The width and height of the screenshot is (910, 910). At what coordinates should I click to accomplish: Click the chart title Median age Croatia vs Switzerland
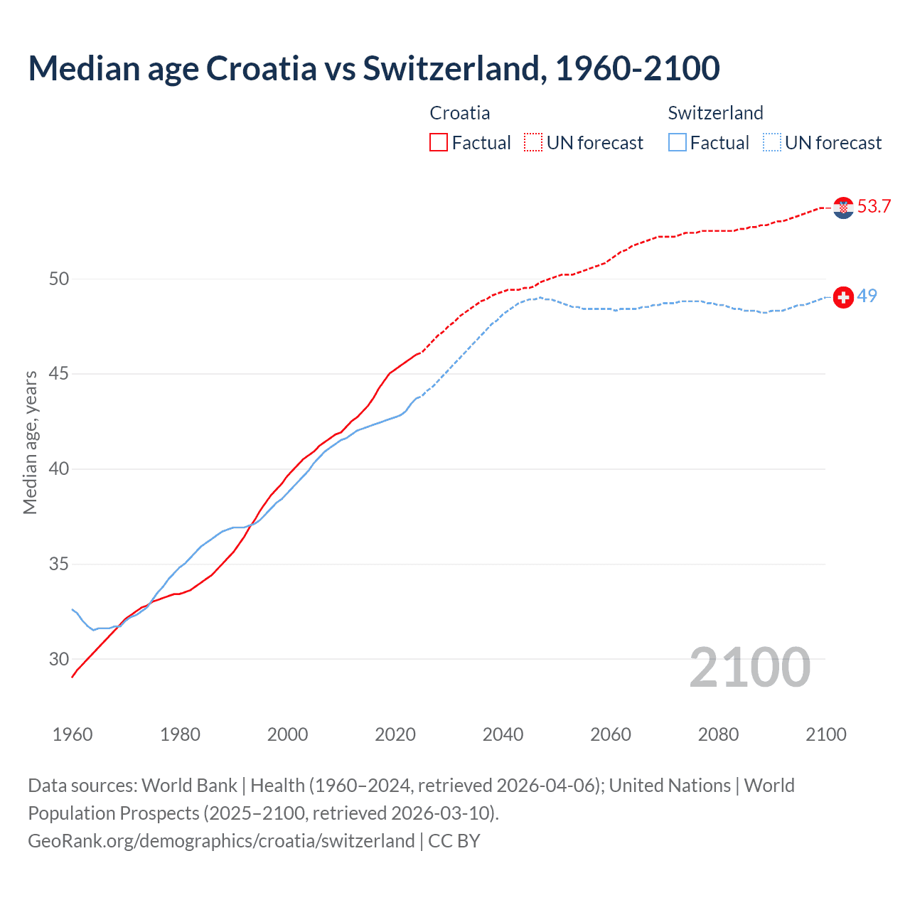[x=373, y=68]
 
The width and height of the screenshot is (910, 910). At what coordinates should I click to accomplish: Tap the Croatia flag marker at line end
[x=843, y=208]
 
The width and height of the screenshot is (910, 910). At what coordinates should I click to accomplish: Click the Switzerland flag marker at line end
[x=843, y=297]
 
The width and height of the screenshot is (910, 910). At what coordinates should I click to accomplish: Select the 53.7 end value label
[x=874, y=207]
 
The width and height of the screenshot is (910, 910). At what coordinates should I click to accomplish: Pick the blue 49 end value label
[x=867, y=296]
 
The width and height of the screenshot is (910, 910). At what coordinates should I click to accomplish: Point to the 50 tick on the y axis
[x=59, y=279]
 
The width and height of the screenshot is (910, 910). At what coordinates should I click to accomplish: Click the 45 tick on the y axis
[x=59, y=374]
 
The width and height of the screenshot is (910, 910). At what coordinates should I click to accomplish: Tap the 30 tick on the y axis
[x=59, y=659]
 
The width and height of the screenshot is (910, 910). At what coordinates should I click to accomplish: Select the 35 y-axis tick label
[x=59, y=564]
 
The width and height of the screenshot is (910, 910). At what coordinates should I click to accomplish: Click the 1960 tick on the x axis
[x=73, y=734]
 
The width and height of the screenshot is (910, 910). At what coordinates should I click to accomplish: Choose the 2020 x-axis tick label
[x=395, y=734]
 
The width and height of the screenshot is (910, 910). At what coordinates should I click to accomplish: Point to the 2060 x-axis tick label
[x=611, y=734]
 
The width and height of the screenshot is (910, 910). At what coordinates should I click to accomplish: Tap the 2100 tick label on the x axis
[x=826, y=734]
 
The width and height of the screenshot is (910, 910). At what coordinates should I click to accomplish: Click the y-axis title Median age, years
[x=30, y=442]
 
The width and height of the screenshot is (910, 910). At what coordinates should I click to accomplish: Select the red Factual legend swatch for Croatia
[x=439, y=143]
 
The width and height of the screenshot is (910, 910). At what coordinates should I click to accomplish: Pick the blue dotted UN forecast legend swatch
[x=772, y=143]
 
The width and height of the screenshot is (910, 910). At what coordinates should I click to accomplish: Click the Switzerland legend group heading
[x=715, y=113]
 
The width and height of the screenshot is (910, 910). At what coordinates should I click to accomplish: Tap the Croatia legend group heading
[x=460, y=113]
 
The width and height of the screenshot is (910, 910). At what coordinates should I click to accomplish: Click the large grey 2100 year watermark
[x=749, y=668]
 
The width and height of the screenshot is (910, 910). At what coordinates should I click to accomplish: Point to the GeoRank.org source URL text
[x=221, y=841]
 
